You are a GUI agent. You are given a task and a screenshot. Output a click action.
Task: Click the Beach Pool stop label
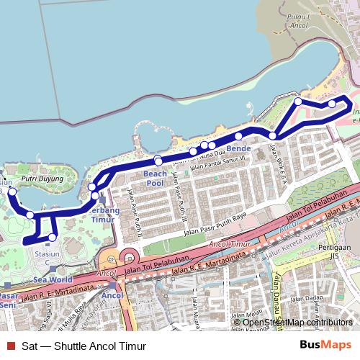point(155,179)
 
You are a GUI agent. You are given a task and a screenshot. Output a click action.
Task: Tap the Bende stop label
point(238,148)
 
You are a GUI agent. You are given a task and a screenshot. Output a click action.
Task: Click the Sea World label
point(53,279)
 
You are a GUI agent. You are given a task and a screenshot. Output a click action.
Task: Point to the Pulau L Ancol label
point(297,20)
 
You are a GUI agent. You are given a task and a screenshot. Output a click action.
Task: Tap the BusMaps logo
point(325,345)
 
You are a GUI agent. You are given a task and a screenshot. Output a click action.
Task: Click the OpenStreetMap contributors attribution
point(297,322)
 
